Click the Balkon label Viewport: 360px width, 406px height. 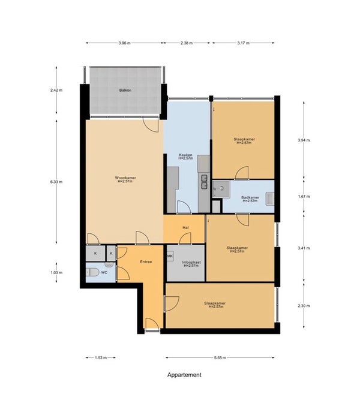point(125,91)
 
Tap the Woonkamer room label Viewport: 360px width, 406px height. point(125,178)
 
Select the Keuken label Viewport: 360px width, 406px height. point(185,155)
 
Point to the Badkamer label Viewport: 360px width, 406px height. point(250,197)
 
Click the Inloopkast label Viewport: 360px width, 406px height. point(191,262)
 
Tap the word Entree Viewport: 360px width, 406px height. point(146,262)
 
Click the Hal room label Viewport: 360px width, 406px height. point(185,228)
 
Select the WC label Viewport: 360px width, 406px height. point(104,272)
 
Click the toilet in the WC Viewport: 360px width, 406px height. point(92,272)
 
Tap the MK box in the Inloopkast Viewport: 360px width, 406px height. point(170,256)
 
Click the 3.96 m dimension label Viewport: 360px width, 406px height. point(125,43)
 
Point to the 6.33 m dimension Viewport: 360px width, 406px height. point(56,182)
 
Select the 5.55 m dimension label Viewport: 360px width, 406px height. point(220,358)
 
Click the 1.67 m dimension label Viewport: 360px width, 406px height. point(304,197)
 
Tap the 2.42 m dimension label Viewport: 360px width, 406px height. point(56,91)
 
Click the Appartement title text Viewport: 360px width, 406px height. point(184,375)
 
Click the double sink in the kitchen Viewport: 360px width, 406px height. point(205,182)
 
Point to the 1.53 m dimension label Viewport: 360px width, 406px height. point(101,358)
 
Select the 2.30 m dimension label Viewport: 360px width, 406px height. point(304,306)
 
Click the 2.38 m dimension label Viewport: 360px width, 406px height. point(187,43)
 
